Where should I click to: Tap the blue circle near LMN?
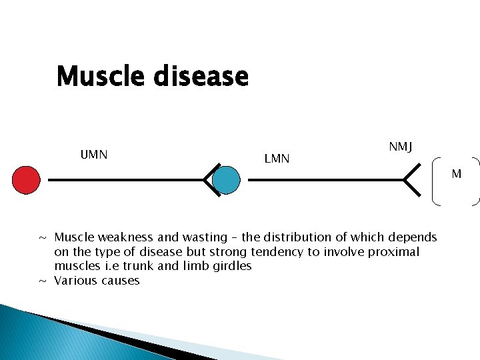(227, 180)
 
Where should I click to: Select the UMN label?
(94, 155)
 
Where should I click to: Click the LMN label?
(277, 159)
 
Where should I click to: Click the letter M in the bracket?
(456, 174)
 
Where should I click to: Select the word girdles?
(231, 266)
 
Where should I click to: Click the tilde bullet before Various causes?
(42, 281)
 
